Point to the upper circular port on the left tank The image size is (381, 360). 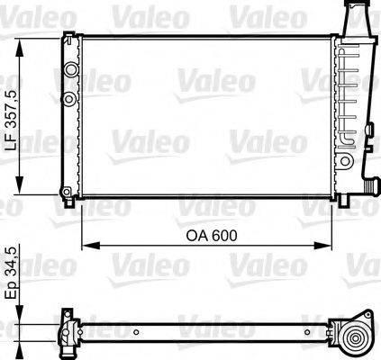(69, 69)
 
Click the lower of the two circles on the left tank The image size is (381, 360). (69, 97)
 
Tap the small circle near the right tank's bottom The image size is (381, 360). (343, 160)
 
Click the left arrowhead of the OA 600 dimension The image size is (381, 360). (86, 246)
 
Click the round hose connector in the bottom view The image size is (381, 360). (355, 340)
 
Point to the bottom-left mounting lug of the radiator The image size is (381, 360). (68, 191)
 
